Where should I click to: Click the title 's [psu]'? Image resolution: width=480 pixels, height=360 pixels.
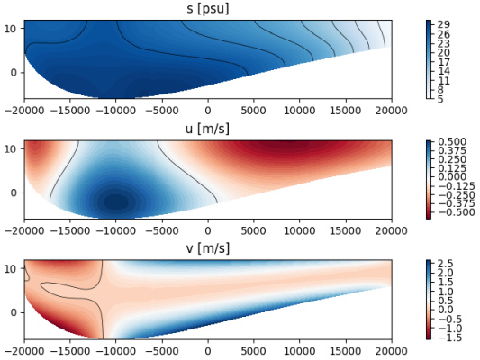pyautogui.click(x=207, y=9)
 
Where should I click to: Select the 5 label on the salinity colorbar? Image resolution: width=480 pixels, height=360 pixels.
pyautogui.click(x=441, y=99)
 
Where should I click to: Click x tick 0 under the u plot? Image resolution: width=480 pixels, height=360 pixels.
pyautogui.click(x=207, y=229)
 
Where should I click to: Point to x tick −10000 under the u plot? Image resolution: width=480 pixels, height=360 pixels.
pyautogui.click(x=115, y=229)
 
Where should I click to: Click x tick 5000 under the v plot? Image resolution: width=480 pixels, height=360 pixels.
pyautogui.click(x=253, y=350)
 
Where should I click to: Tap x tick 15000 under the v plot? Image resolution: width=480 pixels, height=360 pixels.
pyautogui.click(x=345, y=350)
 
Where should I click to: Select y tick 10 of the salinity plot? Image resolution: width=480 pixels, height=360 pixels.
pyautogui.click(x=12, y=29)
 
